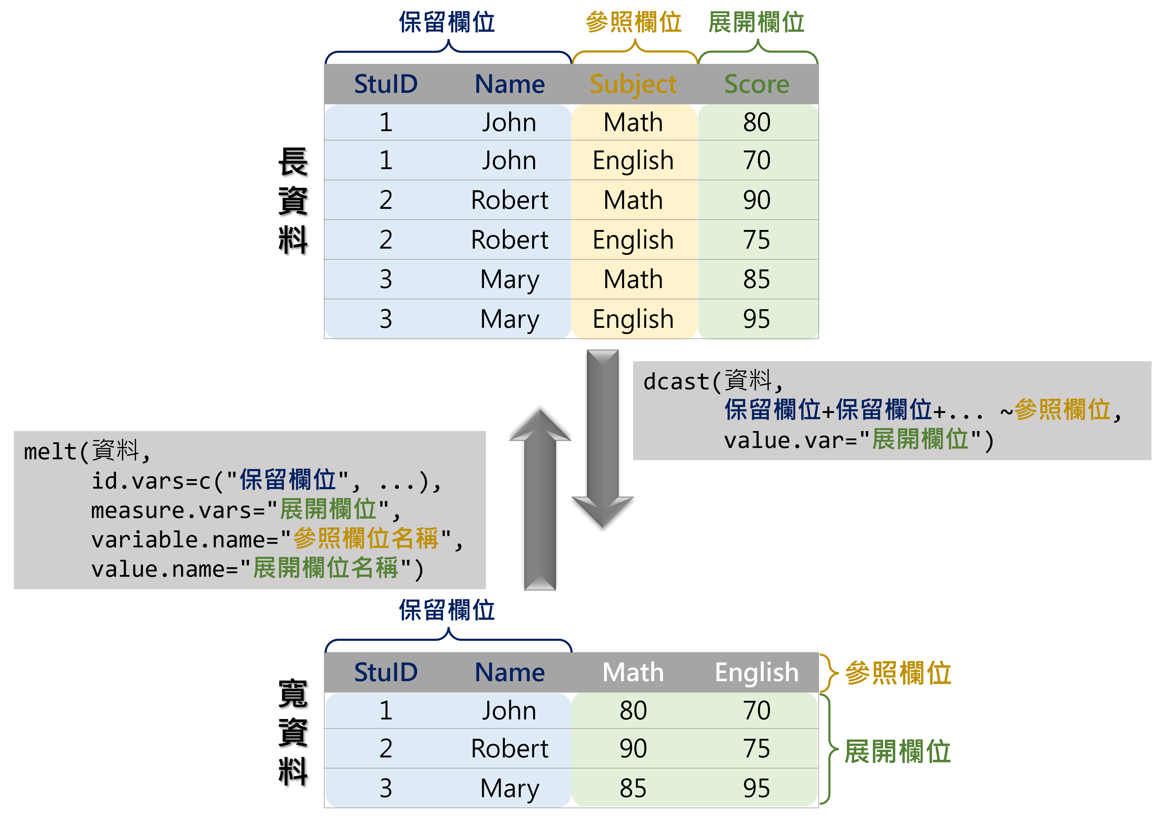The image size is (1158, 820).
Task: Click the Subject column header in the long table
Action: [x=633, y=84]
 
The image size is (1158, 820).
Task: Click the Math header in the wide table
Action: [x=633, y=672]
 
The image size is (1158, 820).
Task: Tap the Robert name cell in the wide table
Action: [x=509, y=748]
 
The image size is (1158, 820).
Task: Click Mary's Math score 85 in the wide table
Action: [x=633, y=788]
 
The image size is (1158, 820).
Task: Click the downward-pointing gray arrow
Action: [x=603, y=439]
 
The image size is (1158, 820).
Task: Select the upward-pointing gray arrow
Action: [x=540, y=500]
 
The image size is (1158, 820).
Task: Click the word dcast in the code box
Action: [x=676, y=382]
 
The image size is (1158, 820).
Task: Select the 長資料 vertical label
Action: [x=293, y=201]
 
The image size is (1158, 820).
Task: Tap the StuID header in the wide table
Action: [x=386, y=672]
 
